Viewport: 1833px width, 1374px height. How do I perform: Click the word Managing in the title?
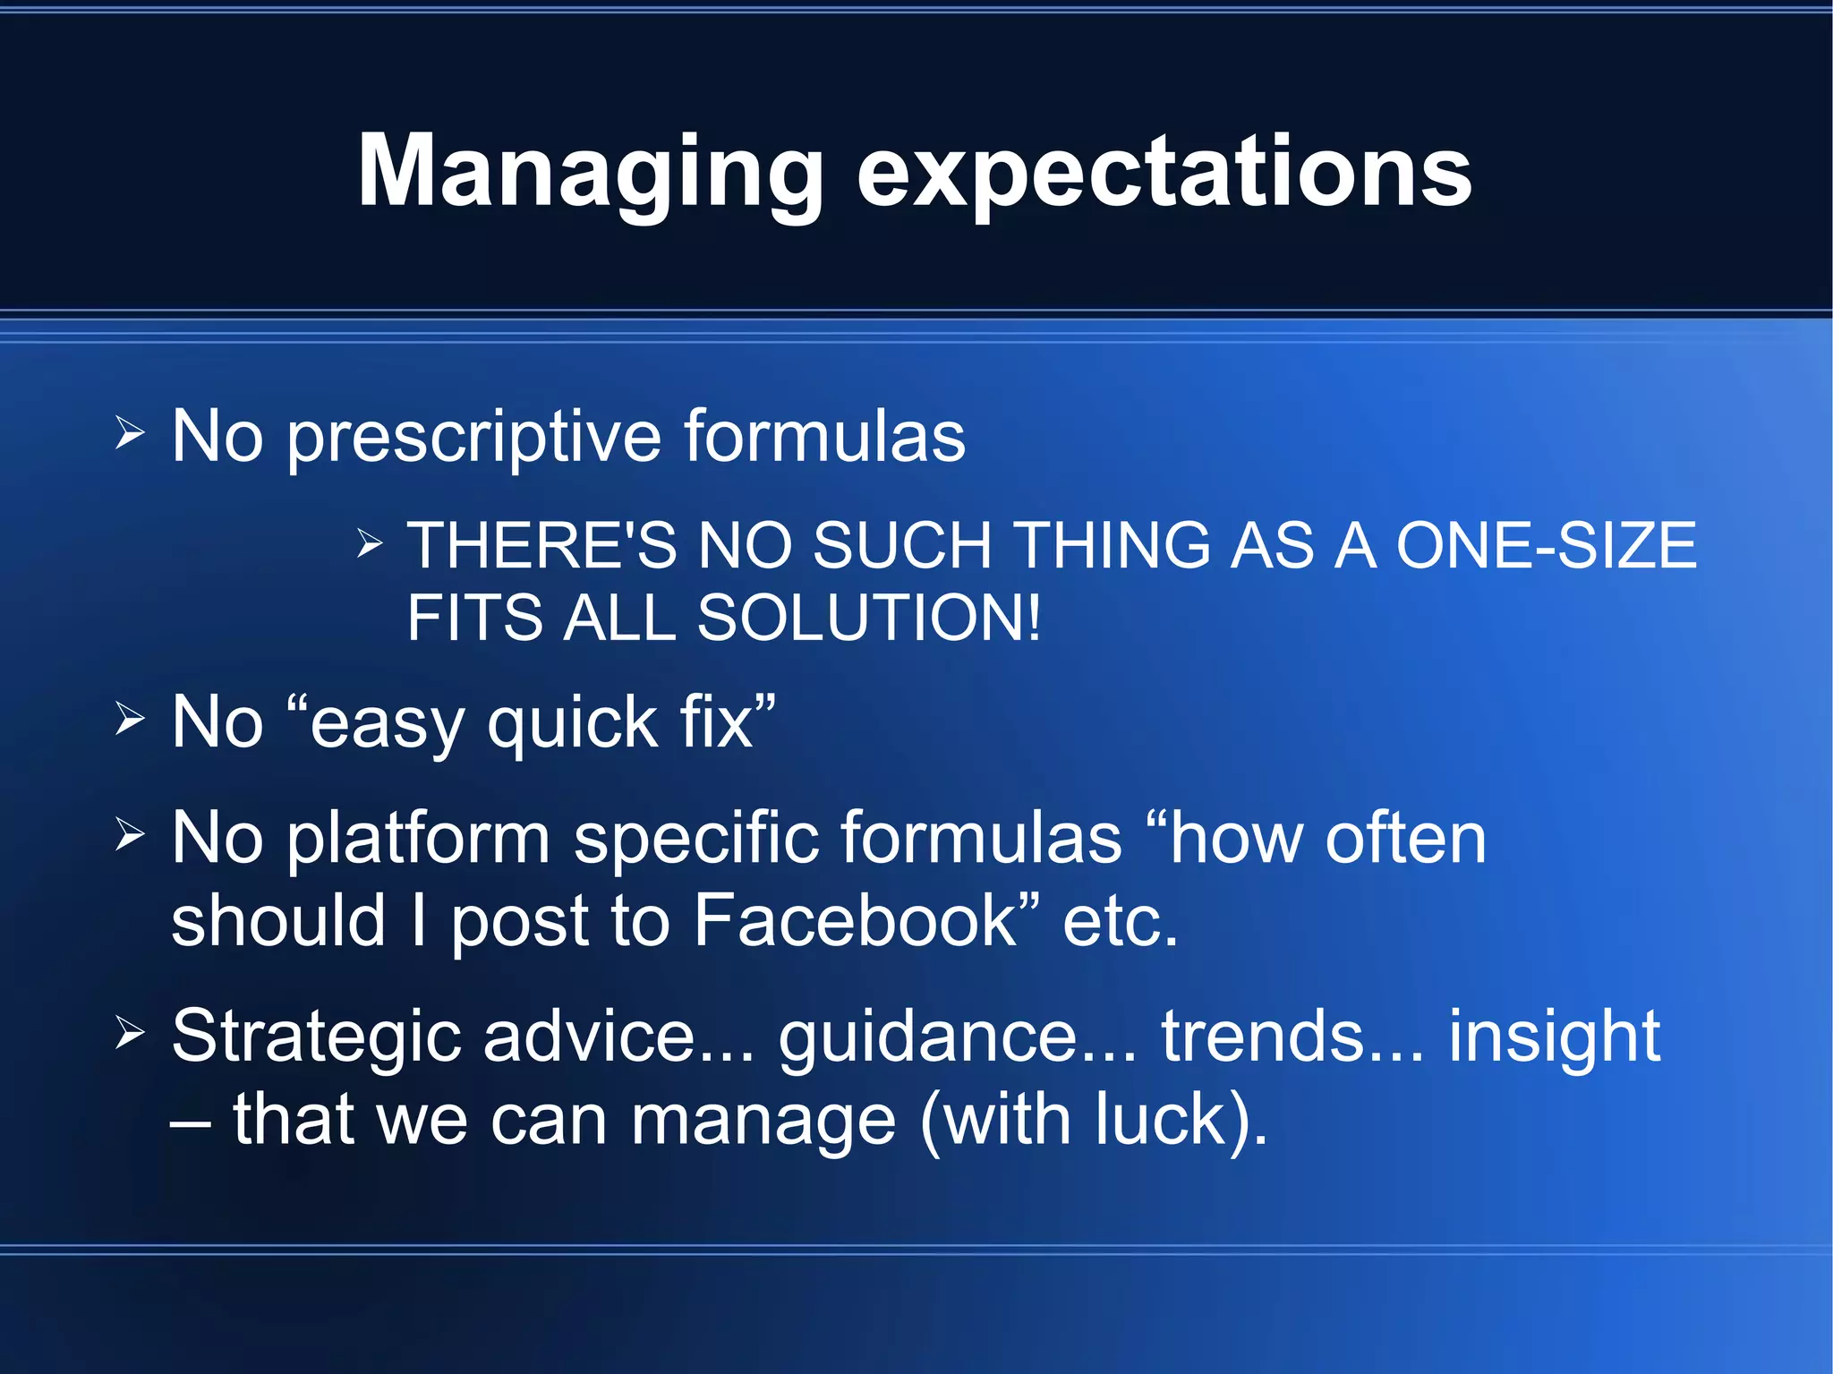[x=591, y=172]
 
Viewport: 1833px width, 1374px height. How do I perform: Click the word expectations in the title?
[x=1164, y=172]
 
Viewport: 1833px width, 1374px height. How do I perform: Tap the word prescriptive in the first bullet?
[x=474, y=437]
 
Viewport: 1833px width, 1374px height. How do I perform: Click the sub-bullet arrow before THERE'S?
[x=370, y=542]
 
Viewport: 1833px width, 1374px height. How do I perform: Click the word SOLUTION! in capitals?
[x=869, y=618]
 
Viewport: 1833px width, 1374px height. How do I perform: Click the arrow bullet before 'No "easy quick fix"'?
[x=130, y=719]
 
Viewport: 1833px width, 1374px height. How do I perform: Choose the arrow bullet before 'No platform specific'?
[x=130, y=834]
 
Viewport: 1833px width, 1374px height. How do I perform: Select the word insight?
[x=1555, y=1037]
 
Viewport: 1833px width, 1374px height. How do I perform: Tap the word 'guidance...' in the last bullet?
[x=958, y=1037]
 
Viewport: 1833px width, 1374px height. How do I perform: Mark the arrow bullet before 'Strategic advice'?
[x=130, y=1033]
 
